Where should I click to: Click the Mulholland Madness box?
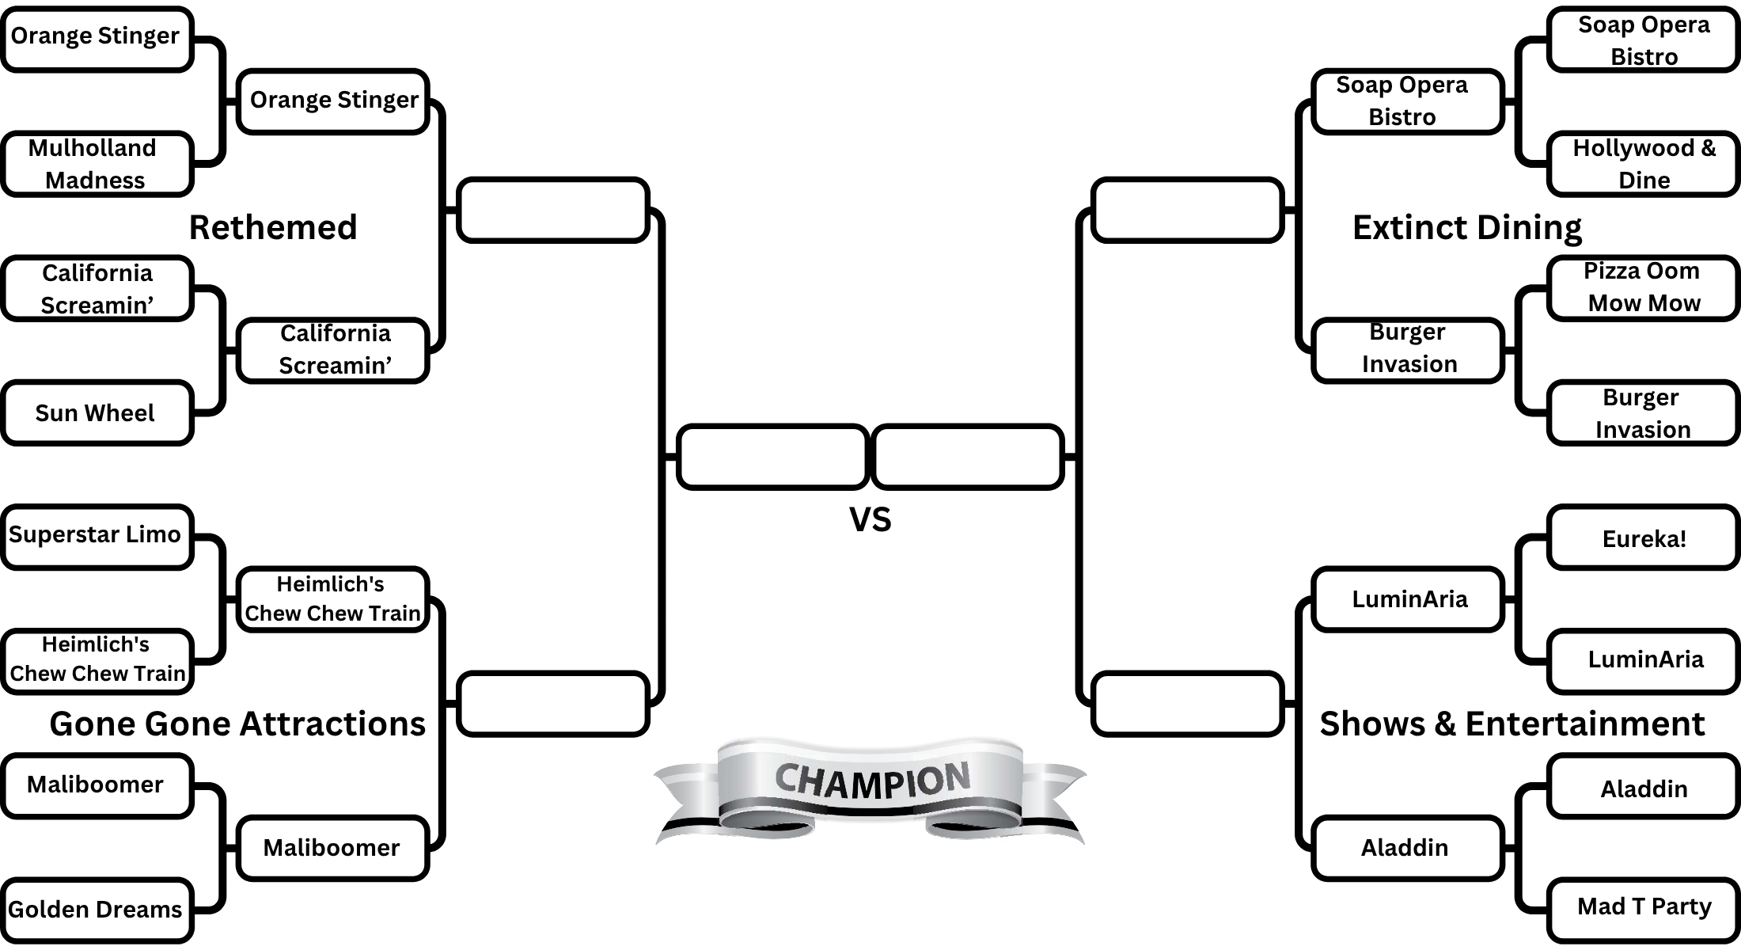tap(97, 164)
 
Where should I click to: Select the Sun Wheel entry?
tap(97, 412)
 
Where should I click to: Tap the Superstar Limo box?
tap(97, 536)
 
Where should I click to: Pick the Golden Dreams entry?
tap(97, 909)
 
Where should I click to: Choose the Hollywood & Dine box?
tap(1643, 164)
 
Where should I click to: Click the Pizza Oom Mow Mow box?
tap(1643, 287)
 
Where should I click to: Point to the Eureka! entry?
tap(1643, 538)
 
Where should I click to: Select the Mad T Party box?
tap(1643, 906)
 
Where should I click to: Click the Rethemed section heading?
tap(273, 227)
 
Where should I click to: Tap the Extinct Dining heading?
tap(1466, 227)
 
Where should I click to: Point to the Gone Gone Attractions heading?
tap(237, 724)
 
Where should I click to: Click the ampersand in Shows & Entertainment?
tap(1444, 724)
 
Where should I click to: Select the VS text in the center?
tap(870, 520)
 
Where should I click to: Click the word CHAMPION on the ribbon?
tap(871, 780)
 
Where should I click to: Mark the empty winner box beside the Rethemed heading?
tap(553, 210)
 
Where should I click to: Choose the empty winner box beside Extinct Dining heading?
tap(1186, 210)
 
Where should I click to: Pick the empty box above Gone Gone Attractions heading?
tap(553, 703)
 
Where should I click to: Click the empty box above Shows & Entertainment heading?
tap(1186, 703)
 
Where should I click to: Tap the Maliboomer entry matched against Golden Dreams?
tap(97, 785)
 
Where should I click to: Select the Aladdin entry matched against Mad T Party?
tap(1643, 788)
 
